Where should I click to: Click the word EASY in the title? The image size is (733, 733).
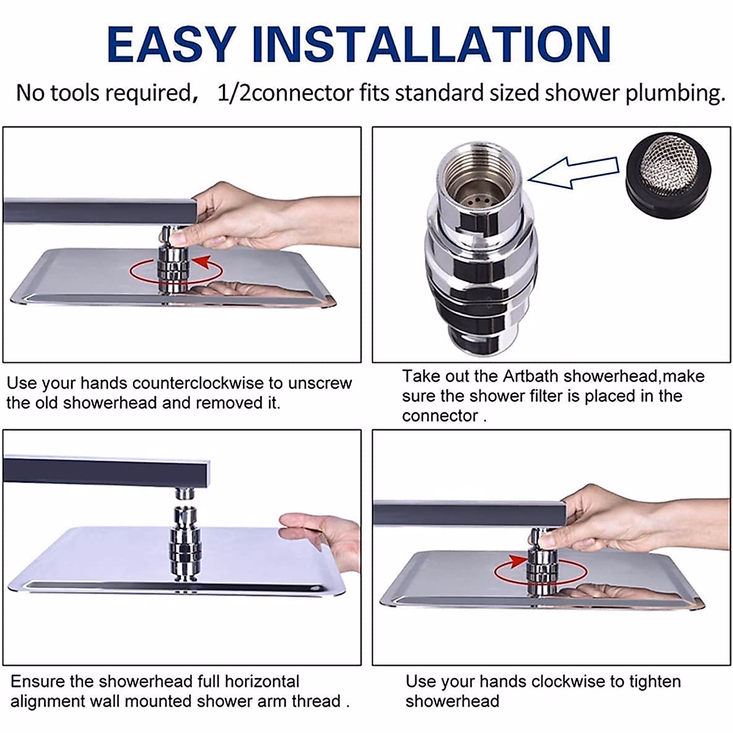pos(171,44)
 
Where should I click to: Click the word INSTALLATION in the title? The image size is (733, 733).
pos(431,44)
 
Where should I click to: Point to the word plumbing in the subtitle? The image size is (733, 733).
pos(676,94)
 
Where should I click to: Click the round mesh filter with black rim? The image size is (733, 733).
pos(668,175)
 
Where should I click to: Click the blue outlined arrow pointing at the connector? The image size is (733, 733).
pos(573,172)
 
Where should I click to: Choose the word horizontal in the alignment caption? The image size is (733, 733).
pos(261,681)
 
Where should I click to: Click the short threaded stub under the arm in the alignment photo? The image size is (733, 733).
pos(185,493)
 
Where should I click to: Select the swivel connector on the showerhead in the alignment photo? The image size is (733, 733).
pos(186,543)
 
